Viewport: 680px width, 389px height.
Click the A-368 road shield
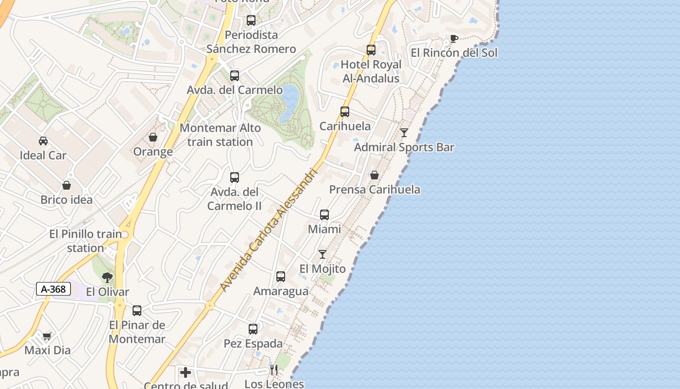(53, 289)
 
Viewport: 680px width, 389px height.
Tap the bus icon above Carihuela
(345, 112)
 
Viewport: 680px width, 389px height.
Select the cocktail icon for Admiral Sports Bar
(404, 132)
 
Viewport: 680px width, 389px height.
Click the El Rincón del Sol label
(454, 53)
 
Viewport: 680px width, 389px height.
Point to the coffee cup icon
(454, 38)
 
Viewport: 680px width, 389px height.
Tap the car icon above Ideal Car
(43, 141)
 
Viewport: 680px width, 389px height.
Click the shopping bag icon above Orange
(153, 138)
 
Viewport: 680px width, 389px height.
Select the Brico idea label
(67, 199)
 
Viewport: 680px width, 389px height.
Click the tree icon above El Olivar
(107, 278)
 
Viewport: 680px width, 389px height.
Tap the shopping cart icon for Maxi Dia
(47, 336)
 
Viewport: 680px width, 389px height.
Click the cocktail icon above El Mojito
(323, 254)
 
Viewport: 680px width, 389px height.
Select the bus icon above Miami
(324, 215)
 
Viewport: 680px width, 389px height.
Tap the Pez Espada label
(253, 343)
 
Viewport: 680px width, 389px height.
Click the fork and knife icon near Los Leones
(274, 370)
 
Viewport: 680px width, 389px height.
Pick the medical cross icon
(186, 373)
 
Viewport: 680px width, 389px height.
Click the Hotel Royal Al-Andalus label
(371, 71)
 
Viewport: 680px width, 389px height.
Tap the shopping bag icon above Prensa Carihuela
(374, 175)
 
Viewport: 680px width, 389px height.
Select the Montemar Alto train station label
(220, 135)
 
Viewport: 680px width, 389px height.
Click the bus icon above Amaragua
(281, 277)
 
